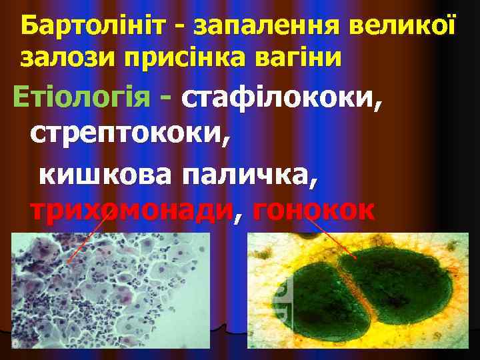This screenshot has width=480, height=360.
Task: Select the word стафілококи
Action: [x=281, y=99]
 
